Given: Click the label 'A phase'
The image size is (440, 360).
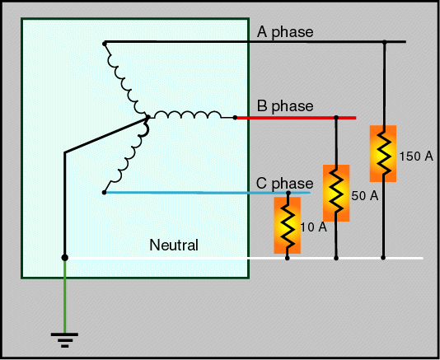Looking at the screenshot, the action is pyautogui.click(x=285, y=32).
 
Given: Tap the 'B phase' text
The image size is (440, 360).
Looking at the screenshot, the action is pyautogui.click(x=285, y=106).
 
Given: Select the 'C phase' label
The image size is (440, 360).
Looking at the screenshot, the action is pyautogui.click(x=284, y=184).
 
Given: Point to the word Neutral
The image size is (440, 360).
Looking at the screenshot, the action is pyautogui.click(x=174, y=245).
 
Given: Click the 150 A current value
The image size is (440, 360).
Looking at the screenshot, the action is pyautogui.click(x=416, y=157).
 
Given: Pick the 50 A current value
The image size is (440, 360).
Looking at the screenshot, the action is pyautogui.click(x=365, y=195).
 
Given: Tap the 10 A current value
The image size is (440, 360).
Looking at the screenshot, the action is pyautogui.click(x=313, y=227).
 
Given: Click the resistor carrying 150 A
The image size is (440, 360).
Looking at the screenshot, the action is pyautogui.click(x=383, y=153).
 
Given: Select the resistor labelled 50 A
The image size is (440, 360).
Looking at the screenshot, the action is pyautogui.click(x=336, y=193).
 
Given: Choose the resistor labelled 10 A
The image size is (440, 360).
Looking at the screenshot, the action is pyautogui.click(x=288, y=226).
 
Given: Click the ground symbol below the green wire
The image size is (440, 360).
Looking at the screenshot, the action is pyautogui.click(x=64, y=340).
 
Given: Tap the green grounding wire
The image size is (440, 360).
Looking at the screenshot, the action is pyautogui.click(x=65, y=297).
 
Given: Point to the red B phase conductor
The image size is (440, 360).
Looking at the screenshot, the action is pyautogui.click(x=297, y=118).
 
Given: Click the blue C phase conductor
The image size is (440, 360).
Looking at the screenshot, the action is pyautogui.click(x=208, y=193).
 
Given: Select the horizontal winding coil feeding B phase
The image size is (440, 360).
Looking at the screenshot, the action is pyautogui.click(x=187, y=115).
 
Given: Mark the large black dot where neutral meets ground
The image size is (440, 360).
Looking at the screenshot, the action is pyautogui.click(x=65, y=258).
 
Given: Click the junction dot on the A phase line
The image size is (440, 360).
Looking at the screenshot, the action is pyautogui.click(x=385, y=42).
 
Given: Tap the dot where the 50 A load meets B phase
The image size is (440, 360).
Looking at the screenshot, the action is pyautogui.click(x=336, y=118).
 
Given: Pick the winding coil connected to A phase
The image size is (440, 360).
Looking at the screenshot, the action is pyautogui.click(x=125, y=81).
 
